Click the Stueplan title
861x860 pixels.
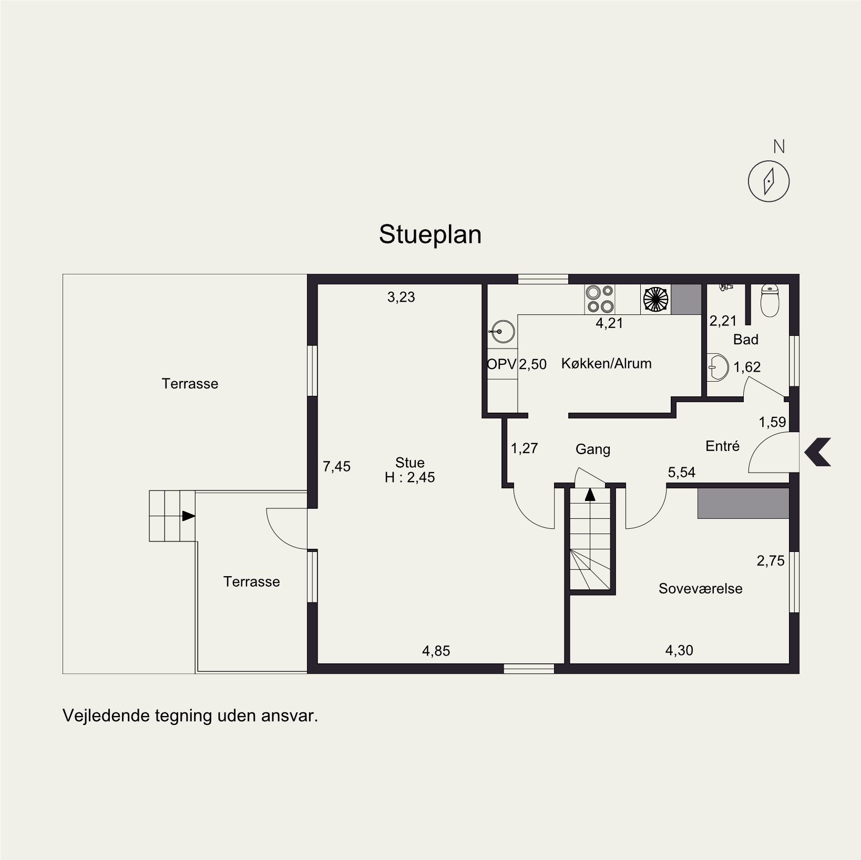[430, 235]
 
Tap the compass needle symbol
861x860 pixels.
[768, 181]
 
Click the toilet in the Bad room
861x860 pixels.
[770, 300]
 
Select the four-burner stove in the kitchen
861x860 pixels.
[600, 299]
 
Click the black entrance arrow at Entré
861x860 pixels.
[817, 452]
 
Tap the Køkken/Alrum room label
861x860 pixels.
[606, 363]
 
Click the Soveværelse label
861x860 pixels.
[700, 588]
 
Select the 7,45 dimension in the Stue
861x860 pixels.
[336, 466]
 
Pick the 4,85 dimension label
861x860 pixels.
[436, 651]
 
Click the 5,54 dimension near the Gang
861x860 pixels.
[681, 473]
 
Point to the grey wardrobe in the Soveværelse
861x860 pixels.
[743, 504]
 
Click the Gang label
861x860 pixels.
[593, 449]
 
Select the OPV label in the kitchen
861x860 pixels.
[501, 364]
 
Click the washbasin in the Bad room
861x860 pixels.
[717, 366]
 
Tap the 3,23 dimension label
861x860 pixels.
[401, 298]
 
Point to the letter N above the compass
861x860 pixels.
[779, 147]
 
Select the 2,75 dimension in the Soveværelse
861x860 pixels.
[771, 561]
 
